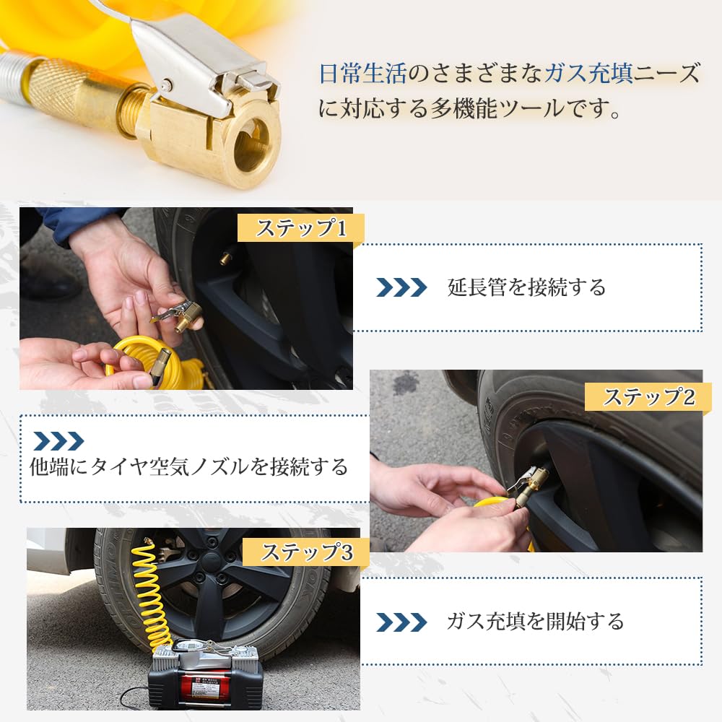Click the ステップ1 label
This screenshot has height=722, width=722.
click(x=302, y=229)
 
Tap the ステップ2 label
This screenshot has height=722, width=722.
click(x=648, y=396)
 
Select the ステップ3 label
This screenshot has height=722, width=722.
click(x=306, y=552)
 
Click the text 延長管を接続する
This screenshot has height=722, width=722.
click(x=526, y=287)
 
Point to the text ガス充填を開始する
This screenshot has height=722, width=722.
click(x=535, y=621)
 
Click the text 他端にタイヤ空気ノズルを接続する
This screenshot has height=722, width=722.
click(x=189, y=467)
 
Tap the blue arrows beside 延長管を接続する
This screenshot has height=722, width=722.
click(x=401, y=287)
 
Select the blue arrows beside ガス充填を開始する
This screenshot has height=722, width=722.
click(x=401, y=621)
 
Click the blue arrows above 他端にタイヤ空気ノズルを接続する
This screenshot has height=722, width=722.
click(x=58, y=441)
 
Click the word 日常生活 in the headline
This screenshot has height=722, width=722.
click(x=363, y=74)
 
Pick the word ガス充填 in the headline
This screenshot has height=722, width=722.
click(x=589, y=74)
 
